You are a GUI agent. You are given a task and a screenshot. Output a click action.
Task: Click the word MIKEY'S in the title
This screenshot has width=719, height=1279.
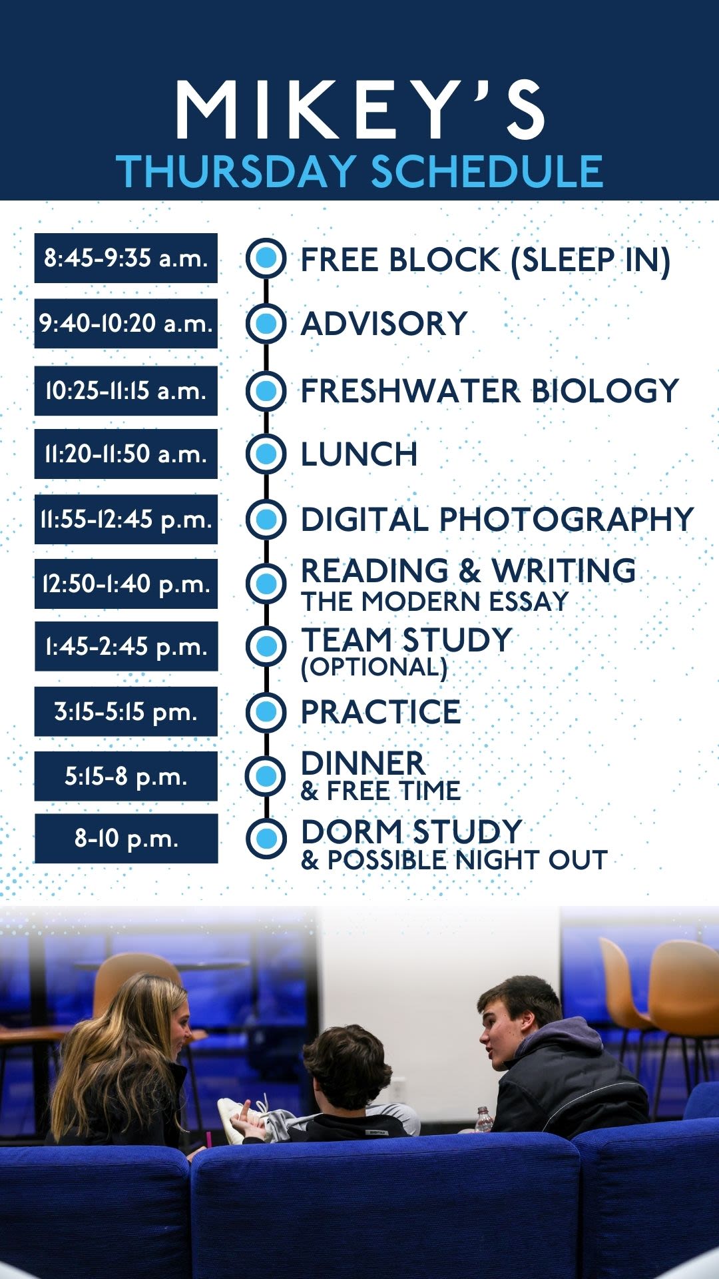click(x=360, y=109)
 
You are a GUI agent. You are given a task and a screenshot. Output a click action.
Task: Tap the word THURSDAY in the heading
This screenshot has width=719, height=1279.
click(x=236, y=171)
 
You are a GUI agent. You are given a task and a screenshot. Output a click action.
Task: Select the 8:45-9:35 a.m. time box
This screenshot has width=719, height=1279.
click(x=126, y=258)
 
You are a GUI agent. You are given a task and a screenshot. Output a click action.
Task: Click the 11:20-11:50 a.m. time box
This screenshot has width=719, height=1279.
click(x=126, y=454)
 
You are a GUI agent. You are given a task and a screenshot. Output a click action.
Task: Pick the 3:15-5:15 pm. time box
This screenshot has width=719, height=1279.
click(x=126, y=711)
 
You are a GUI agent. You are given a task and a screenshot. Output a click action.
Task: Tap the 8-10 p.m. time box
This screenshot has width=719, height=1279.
click(x=126, y=838)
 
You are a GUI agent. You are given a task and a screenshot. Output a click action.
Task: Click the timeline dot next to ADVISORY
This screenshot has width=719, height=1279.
click(x=266, y=323)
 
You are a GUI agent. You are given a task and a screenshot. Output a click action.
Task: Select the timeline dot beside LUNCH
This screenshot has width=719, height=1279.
click(x=266, y=454)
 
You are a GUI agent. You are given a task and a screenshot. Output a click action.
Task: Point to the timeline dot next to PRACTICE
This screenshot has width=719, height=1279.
click(x=266, y=711)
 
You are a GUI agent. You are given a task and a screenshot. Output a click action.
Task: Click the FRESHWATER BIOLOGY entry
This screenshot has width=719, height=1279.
click(x=490, y=390)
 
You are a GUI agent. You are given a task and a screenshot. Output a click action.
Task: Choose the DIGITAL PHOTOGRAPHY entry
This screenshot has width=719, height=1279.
click(x=497, y=519)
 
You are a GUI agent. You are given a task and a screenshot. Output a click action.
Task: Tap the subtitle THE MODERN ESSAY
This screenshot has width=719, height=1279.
click(x=435, y=602)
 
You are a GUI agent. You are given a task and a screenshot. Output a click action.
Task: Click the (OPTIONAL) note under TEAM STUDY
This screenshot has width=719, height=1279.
click(x=374, y=667)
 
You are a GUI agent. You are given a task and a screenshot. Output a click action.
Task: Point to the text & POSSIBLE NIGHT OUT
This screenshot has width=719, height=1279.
click(x=454, y=860)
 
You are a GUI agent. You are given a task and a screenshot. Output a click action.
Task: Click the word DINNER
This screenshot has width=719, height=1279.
click(x=363, y=763)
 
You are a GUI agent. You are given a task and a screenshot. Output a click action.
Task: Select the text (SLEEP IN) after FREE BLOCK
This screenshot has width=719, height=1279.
click(x=590, y=260)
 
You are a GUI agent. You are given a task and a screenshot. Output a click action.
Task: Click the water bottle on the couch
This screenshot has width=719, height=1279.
click(x=484, y=1119)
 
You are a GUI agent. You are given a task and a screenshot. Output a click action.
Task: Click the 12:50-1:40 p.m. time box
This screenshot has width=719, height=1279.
click(x=126, y=584)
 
